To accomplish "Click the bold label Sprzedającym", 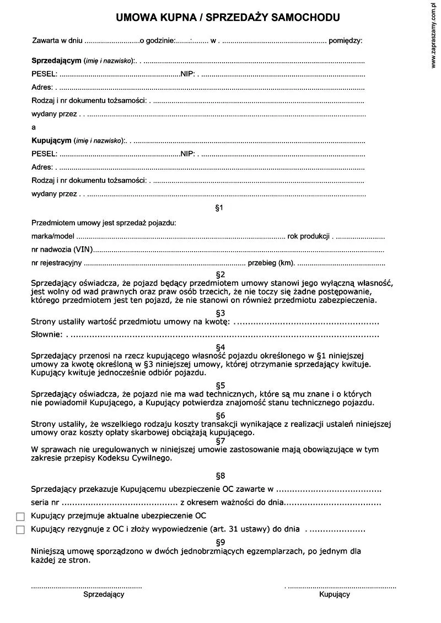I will point(56,59).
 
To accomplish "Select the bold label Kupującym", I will point(51,140).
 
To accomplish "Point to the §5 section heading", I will point(220,385).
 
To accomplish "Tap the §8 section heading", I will point(220,475).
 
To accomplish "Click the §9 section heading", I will point(220,541).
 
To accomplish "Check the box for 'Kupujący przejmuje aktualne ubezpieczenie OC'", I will point(21,517).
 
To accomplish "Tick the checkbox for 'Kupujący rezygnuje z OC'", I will point(21,530).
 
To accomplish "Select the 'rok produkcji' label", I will point(308,236).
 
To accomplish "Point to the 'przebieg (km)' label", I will point(271,263).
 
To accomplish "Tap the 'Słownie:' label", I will point(46,334).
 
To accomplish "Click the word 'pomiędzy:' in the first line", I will point(345,41).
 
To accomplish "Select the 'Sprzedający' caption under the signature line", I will point(104,594).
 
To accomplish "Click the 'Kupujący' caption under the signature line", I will point(334,594).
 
